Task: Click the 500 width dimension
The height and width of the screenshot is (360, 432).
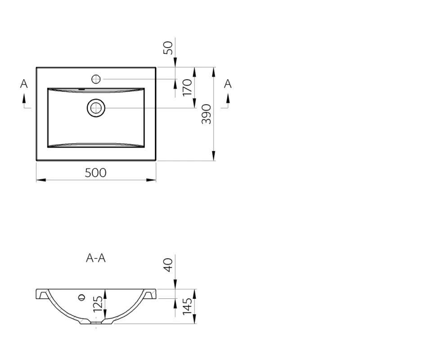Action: [96, 172]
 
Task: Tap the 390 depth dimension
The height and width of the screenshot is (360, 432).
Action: [206, 114]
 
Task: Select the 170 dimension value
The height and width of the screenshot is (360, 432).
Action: [188, 86]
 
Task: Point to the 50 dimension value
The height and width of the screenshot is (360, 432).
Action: [168, 48]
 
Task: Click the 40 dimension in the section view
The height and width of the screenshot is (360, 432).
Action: [168, 265]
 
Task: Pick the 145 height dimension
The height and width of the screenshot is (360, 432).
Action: [188, 306]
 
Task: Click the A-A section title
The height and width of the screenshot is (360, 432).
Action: [96, 258]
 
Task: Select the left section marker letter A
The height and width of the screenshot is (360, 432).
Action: [24, 84]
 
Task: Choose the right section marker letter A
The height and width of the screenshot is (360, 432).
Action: [228, 84]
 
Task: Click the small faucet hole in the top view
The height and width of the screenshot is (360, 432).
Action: [95, 79]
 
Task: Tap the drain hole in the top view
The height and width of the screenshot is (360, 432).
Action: [95, 108]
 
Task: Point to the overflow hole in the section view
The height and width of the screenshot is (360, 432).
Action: [82, 297]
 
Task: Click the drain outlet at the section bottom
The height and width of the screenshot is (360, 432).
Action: [96, 322]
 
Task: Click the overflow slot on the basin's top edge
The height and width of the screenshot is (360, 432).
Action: [81, 89]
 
